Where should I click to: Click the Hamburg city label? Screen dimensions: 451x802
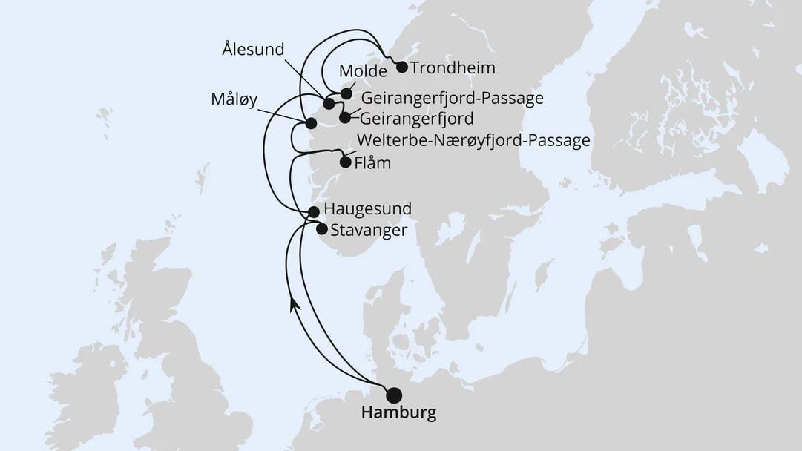click(x=398, y=413)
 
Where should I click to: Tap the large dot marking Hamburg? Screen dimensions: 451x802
click(x=394, y=395)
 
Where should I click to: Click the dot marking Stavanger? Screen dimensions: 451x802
click(x=321, y=229)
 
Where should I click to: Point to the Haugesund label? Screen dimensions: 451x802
click(x=368, y=210)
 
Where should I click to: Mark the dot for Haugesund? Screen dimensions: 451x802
click(x=314, y=212)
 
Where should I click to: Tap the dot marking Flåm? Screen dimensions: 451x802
click(x=345, y=162)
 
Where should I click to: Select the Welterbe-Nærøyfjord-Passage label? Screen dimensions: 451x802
click(x=473, y=141)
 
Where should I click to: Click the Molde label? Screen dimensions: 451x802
click(x=363, y=72)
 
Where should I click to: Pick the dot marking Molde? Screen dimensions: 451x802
click(x=346, y=93)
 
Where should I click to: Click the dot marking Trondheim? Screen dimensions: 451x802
click(x=402, y=68)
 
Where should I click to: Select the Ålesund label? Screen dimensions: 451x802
click(x=253, y=50)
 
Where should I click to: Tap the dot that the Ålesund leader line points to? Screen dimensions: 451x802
click(x=329, y=104)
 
